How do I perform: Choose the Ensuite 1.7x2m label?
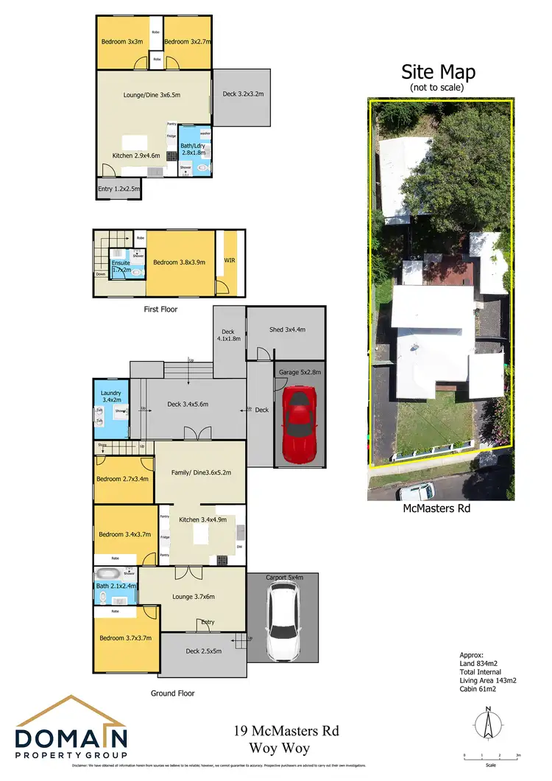[121, 266]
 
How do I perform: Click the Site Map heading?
[438, 72]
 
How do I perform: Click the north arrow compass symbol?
[486, 724]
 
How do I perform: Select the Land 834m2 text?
[478, 663]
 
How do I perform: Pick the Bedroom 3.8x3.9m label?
[179, 262]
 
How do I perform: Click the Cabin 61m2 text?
[475, 690]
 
